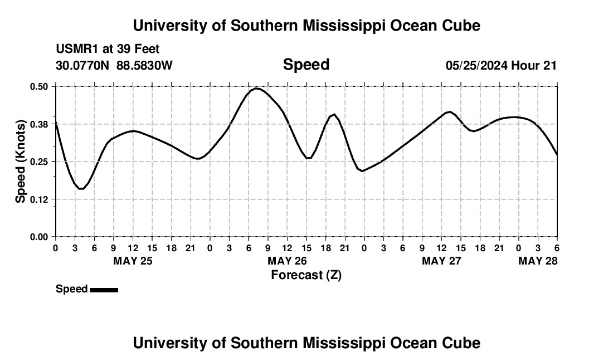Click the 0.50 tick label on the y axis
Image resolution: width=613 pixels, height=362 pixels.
click(x=40, y=86)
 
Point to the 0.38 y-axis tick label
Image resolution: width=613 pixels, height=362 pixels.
click(x=40, y=124)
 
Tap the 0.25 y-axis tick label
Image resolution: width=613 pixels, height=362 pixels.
click(x=40, y=162)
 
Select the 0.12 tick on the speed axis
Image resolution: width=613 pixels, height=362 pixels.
click(x=40, y=199)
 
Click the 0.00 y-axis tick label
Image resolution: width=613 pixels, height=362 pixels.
click(x=40, y=237)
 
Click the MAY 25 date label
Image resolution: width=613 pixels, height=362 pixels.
click(x=133, y=261)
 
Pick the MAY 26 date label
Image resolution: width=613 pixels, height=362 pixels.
click(x=287, y=261)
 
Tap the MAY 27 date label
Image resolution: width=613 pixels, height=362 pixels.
click(x=442, y=261)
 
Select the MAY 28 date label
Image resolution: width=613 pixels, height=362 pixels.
click(x=538, y=261)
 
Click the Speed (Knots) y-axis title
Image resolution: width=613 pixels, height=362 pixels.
click(x=21, y=162)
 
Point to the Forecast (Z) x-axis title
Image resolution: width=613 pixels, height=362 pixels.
click(x=306, y=275)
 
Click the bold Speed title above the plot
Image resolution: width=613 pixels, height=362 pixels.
click(x=306, y=65)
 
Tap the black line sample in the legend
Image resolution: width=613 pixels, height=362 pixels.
click(x=104, y=290)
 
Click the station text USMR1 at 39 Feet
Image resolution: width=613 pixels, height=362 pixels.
click(x=108, y=49)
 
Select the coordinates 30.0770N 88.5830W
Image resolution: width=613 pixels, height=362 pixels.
click(x=114, y=65)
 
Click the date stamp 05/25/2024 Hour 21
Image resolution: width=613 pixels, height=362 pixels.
click(x=501, y=65)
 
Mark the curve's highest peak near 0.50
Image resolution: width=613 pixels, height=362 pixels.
click(x=256, y=88)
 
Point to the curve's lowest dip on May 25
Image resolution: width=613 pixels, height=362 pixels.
click(x=81, y=189)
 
